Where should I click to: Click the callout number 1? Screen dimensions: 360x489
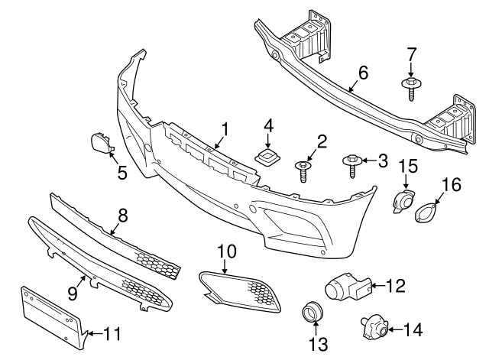(x=225, y=128)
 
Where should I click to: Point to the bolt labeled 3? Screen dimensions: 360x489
(x=352, y=163)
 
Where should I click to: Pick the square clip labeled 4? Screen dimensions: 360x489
(x=268, y=158)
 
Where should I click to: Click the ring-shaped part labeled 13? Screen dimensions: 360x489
(x=312, y=313)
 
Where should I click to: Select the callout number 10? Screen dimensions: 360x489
(x=228, y=250)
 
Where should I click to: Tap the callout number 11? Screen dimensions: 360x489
(x=112, y=333)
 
